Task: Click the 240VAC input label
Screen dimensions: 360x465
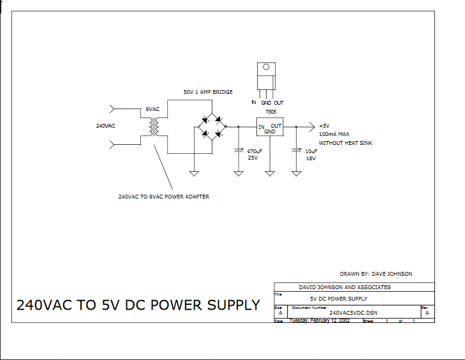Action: [x=105, y=126]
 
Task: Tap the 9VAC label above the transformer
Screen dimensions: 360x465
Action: [x=152, y=109]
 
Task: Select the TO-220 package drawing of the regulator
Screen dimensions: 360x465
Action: [x=266, y=77]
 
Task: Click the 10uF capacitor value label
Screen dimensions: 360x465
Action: [x=311, y=151]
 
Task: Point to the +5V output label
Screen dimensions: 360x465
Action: [x=323, y=126]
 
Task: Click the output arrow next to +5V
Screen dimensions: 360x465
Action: [x=311, y=126]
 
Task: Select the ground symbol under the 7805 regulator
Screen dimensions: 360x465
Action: [x=270, y=172]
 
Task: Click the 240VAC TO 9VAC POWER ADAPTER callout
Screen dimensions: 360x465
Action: [x=164, y=197]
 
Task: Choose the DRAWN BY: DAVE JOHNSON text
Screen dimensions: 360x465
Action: [x=376, y=274]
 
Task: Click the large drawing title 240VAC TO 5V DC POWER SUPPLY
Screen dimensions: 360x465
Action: [x=138, y=305]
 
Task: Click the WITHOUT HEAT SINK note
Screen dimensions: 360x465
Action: [x=345, y=144]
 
